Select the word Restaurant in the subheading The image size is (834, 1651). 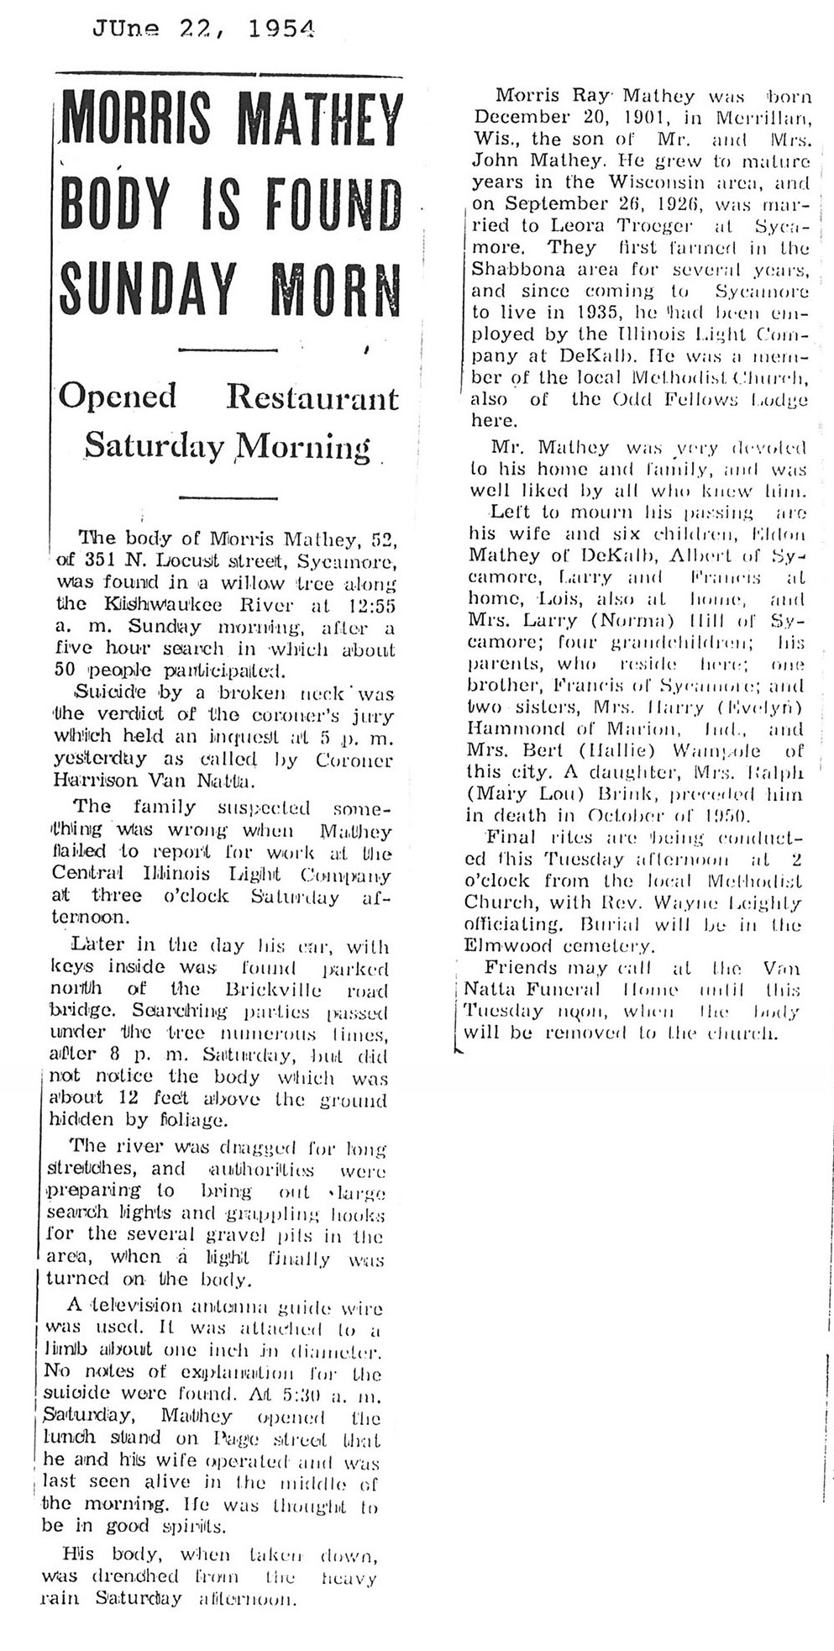(x=312, y=396)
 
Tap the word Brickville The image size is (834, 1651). (x=274, y=989)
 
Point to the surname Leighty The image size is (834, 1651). (x=763, y=903)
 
